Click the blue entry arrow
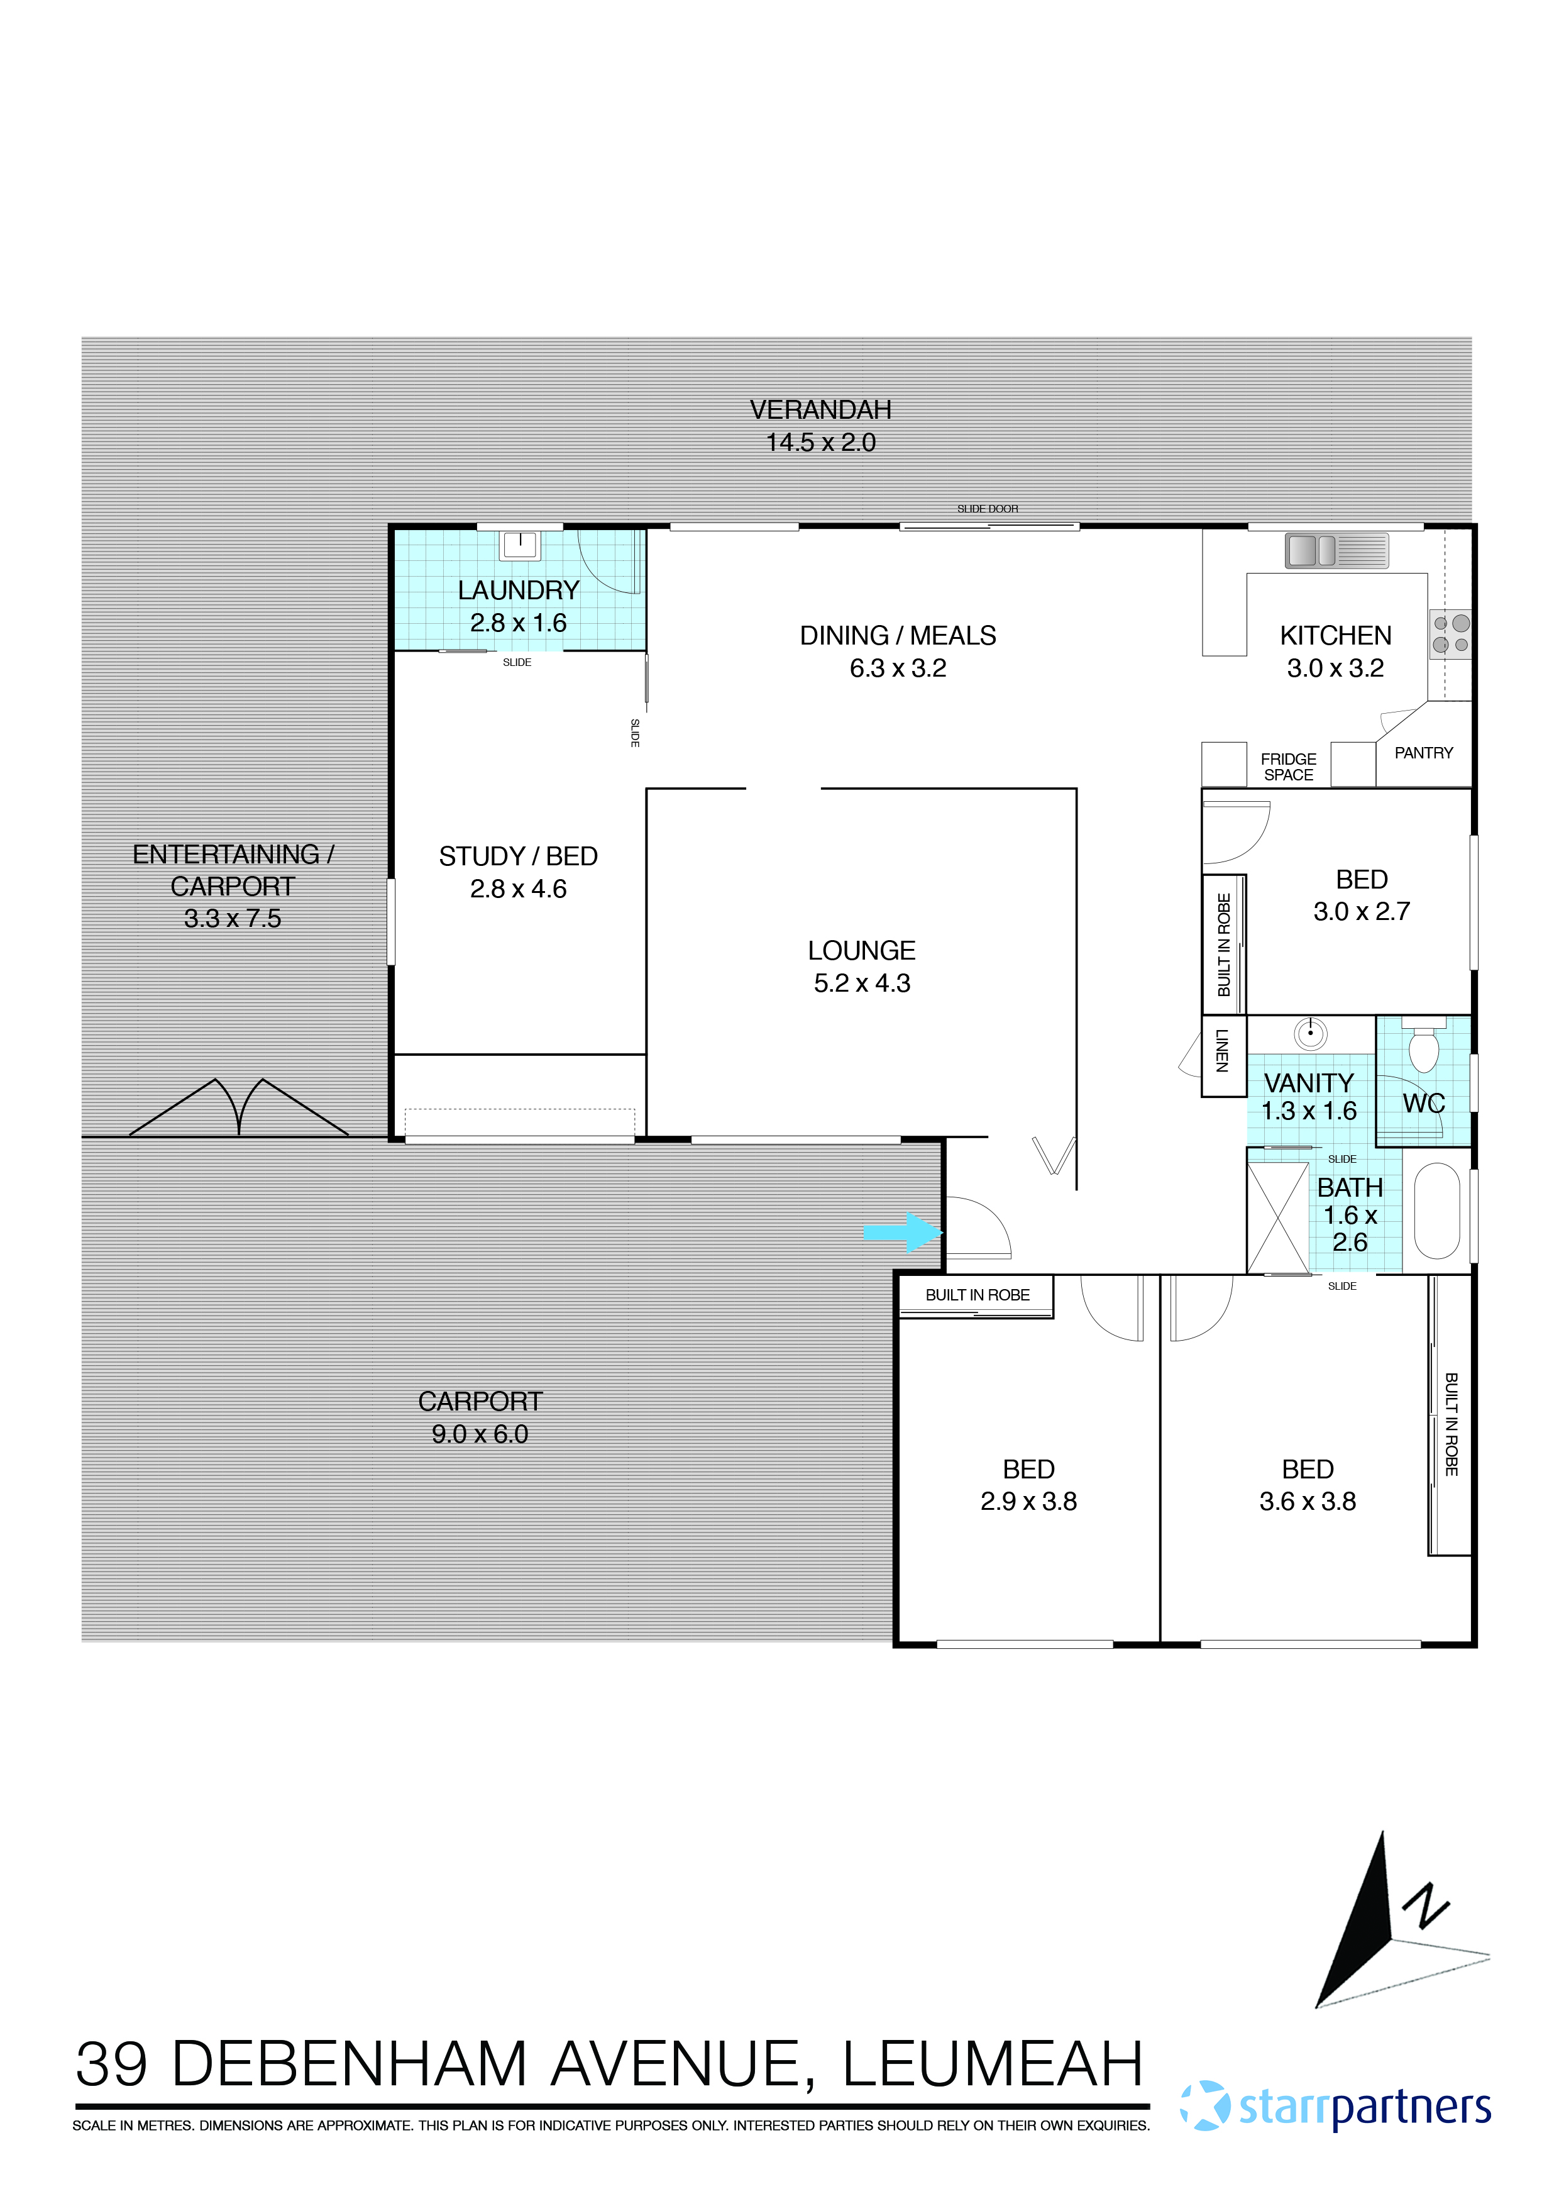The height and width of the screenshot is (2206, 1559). [903, 1233]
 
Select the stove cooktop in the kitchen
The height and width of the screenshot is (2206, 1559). [1450, 633]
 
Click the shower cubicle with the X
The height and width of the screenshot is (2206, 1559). [1279, 1218]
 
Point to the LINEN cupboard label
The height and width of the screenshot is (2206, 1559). [1222, 1050]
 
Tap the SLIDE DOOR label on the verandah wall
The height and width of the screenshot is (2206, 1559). [988, 509]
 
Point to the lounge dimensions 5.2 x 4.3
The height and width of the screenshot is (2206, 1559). [862, 983]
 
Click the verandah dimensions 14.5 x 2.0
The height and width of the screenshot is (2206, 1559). [820, 442]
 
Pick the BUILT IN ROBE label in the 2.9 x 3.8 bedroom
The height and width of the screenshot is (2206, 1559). [977, 1295]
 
